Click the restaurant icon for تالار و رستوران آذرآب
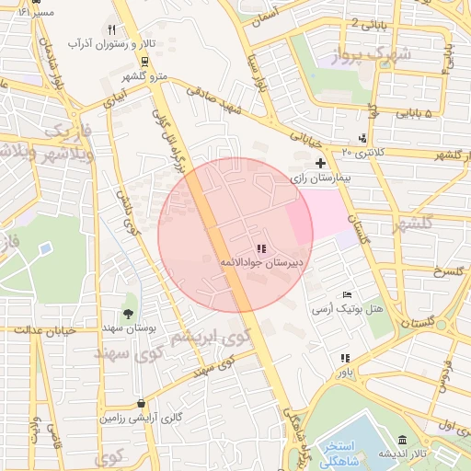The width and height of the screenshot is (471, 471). pyautogui.click(x=112, y=30)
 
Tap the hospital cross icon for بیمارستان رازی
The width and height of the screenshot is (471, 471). pyautogui.click(x=320, y=162)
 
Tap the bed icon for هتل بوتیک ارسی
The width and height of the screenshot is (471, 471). pyautogui.click(x=346, y=294)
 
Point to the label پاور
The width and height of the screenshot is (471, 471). pyautogui.click(x=344, y=373)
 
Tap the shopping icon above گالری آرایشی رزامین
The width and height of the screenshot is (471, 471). pyautogui.click(x=140, y=403)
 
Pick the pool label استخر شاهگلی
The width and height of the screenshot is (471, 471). pyautogui.click(x=346, y=454)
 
